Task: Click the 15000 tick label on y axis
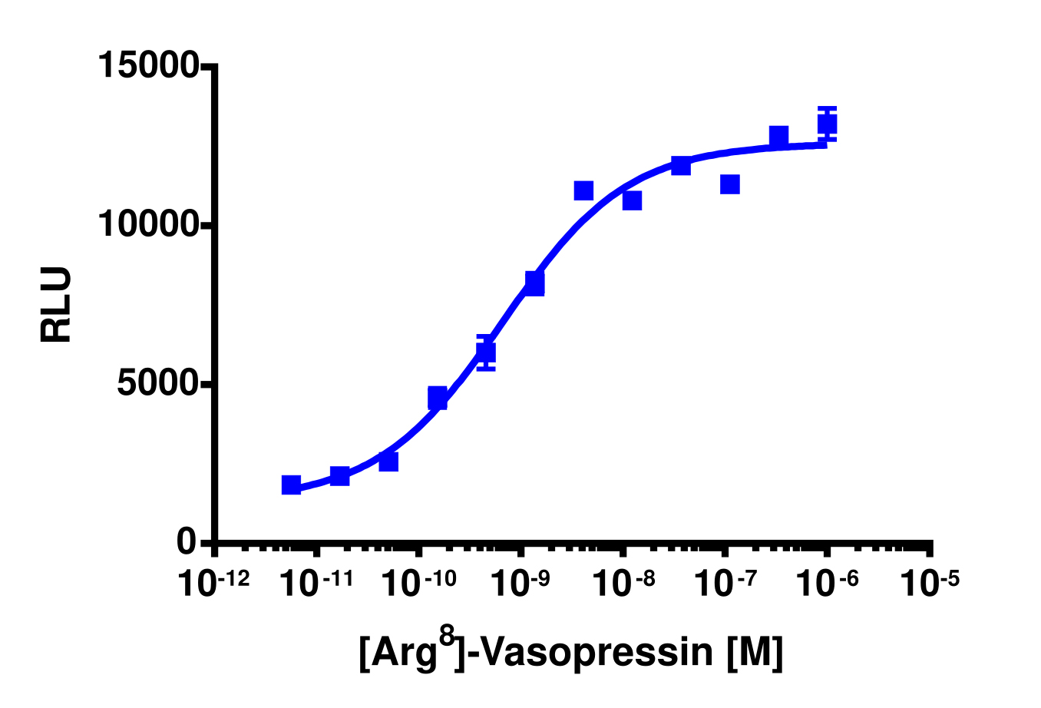point(149,65)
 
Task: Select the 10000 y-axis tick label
point(149,225)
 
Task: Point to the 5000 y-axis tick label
point(158,384)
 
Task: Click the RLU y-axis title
point(56,304)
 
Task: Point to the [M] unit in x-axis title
point(756,653)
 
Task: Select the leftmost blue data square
point(291,485)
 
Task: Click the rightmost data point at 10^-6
point(827,124)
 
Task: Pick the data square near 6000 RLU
point(485,352)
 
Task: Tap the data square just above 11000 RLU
point(583,190)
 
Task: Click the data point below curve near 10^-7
point(729,184)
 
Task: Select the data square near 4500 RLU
point(437,398)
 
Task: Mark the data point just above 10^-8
point(632,200)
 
